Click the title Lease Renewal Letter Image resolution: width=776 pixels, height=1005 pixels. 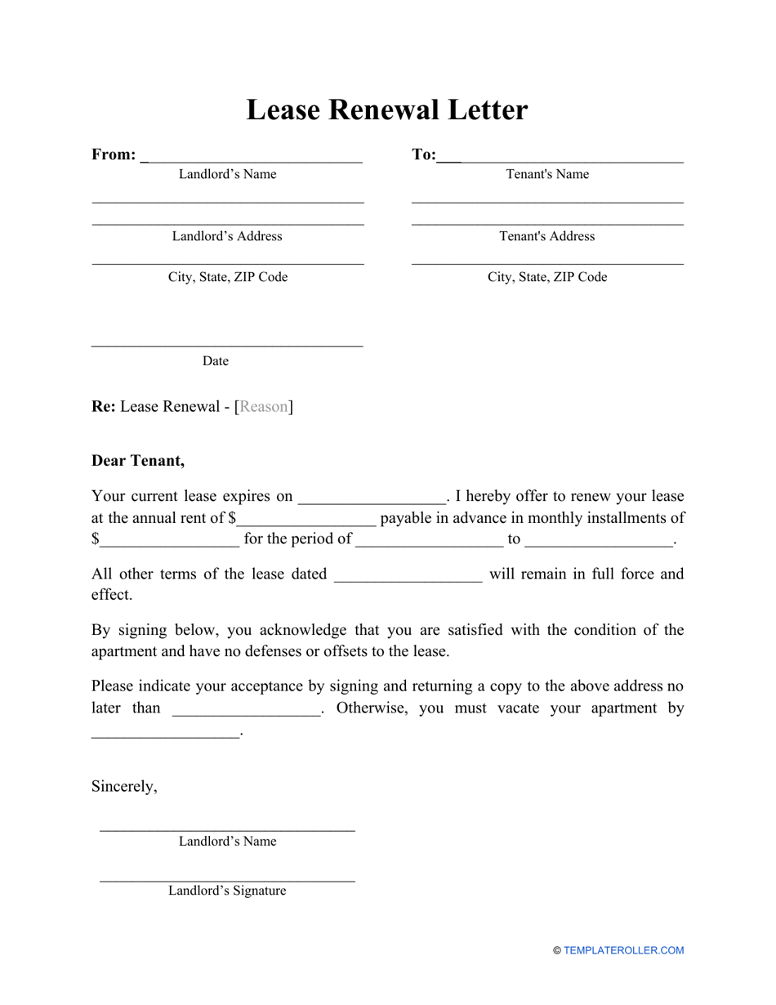point(387,110)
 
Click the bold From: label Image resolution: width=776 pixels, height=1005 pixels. point(114,155)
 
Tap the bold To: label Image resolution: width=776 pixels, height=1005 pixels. point(424,155)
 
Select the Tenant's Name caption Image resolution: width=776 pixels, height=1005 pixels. point(547,174)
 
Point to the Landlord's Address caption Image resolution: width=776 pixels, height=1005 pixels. point(227,236)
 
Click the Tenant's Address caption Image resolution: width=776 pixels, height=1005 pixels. point(547,236)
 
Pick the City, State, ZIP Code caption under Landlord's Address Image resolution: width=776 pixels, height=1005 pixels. point(228,277)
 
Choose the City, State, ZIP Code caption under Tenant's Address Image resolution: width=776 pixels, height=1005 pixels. point(547,277)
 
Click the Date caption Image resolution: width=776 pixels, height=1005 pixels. point(216,361)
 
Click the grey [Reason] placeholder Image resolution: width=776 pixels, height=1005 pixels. point(264,407)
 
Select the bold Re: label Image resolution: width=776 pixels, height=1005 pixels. point(104,407)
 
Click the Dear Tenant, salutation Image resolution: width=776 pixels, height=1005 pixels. point(138,461)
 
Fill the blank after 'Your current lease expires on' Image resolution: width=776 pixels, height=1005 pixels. point(372,498)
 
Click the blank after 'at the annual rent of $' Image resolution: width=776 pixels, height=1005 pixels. point(306,519)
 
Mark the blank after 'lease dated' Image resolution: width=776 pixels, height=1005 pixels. point(408,575)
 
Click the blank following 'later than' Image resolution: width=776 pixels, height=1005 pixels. point(247,709)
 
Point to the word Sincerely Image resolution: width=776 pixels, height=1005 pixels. point(124,786)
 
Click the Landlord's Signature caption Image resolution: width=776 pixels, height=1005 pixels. point(227,891)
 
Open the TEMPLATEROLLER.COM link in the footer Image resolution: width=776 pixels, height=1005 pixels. point(623,950)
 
